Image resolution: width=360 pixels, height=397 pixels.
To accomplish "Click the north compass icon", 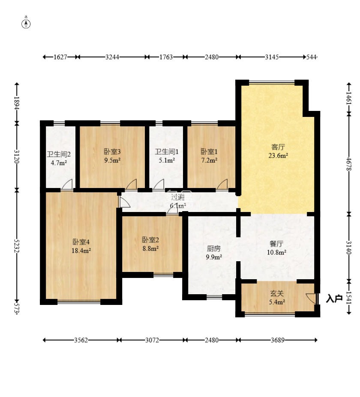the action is tap(26, 23).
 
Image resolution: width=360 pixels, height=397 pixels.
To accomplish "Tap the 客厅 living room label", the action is tap(278, 147).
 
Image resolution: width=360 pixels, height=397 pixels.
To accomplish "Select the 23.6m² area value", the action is tap(278, 155).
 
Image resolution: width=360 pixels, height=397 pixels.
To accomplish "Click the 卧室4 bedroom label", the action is tap(81, 242).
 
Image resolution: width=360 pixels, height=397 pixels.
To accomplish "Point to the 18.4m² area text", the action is tap(81, 251).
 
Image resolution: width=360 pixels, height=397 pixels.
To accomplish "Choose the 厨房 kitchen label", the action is tap(214, 249).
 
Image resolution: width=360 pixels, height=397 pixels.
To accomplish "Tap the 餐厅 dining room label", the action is tap(276, 244).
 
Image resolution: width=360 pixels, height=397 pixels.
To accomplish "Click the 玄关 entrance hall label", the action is tap(277, 293).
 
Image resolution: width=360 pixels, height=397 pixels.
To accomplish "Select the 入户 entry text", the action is tap(334, 299).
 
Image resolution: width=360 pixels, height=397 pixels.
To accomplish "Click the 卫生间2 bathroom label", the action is tap(59, 154).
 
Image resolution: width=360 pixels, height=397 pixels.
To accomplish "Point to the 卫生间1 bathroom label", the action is tap(167, 152).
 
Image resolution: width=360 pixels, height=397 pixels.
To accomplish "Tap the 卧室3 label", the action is tap(112, 152).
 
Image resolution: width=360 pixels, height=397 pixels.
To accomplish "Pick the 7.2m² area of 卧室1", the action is tap(209, 160).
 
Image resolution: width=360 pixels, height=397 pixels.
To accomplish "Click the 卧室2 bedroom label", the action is tap(150, 240).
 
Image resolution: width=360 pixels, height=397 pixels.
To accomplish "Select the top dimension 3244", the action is tap(112, 57).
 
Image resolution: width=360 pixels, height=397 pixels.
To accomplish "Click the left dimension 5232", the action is tap(17, 245).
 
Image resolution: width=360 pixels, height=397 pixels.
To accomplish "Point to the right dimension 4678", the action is tap(349, 164).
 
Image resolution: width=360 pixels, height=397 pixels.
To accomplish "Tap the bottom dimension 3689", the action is tap(278, 340).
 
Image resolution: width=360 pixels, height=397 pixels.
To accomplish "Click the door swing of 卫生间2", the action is tap(67, 184).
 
